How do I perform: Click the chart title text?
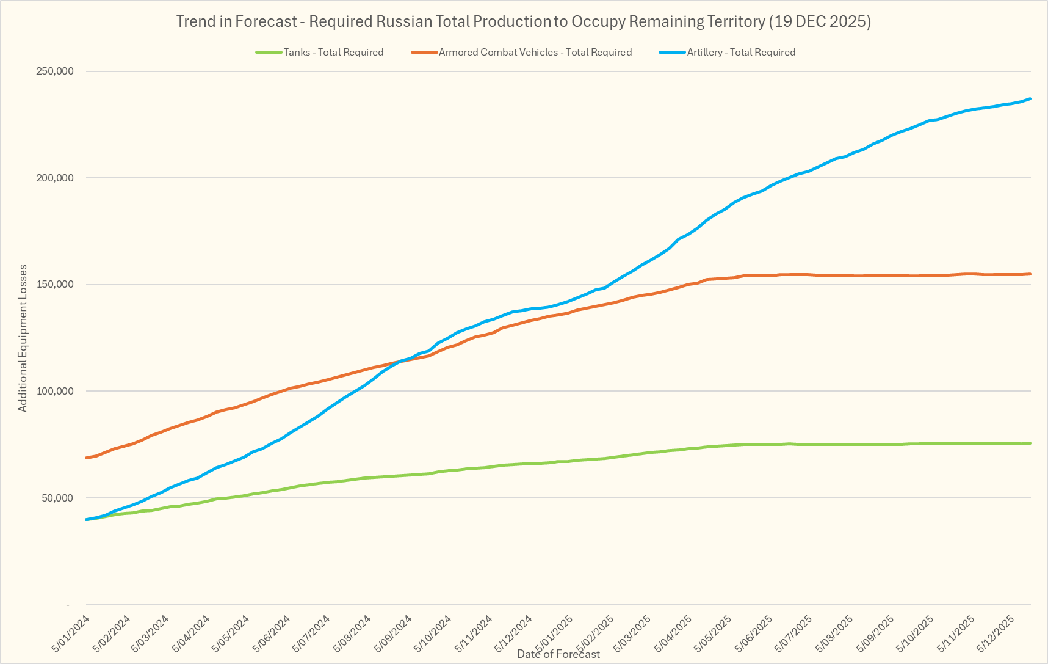point(523,22)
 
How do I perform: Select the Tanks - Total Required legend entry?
point(333,53)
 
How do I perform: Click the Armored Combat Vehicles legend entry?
point(535,53)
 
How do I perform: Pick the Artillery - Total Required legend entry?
point(740,53)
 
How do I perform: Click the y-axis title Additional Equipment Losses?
point(23,338)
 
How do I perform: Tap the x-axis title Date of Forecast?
point(558,654)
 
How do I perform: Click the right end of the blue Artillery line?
point(1030,98)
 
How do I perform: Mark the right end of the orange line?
point(1030,274)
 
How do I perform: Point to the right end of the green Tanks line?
point(1030,443)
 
